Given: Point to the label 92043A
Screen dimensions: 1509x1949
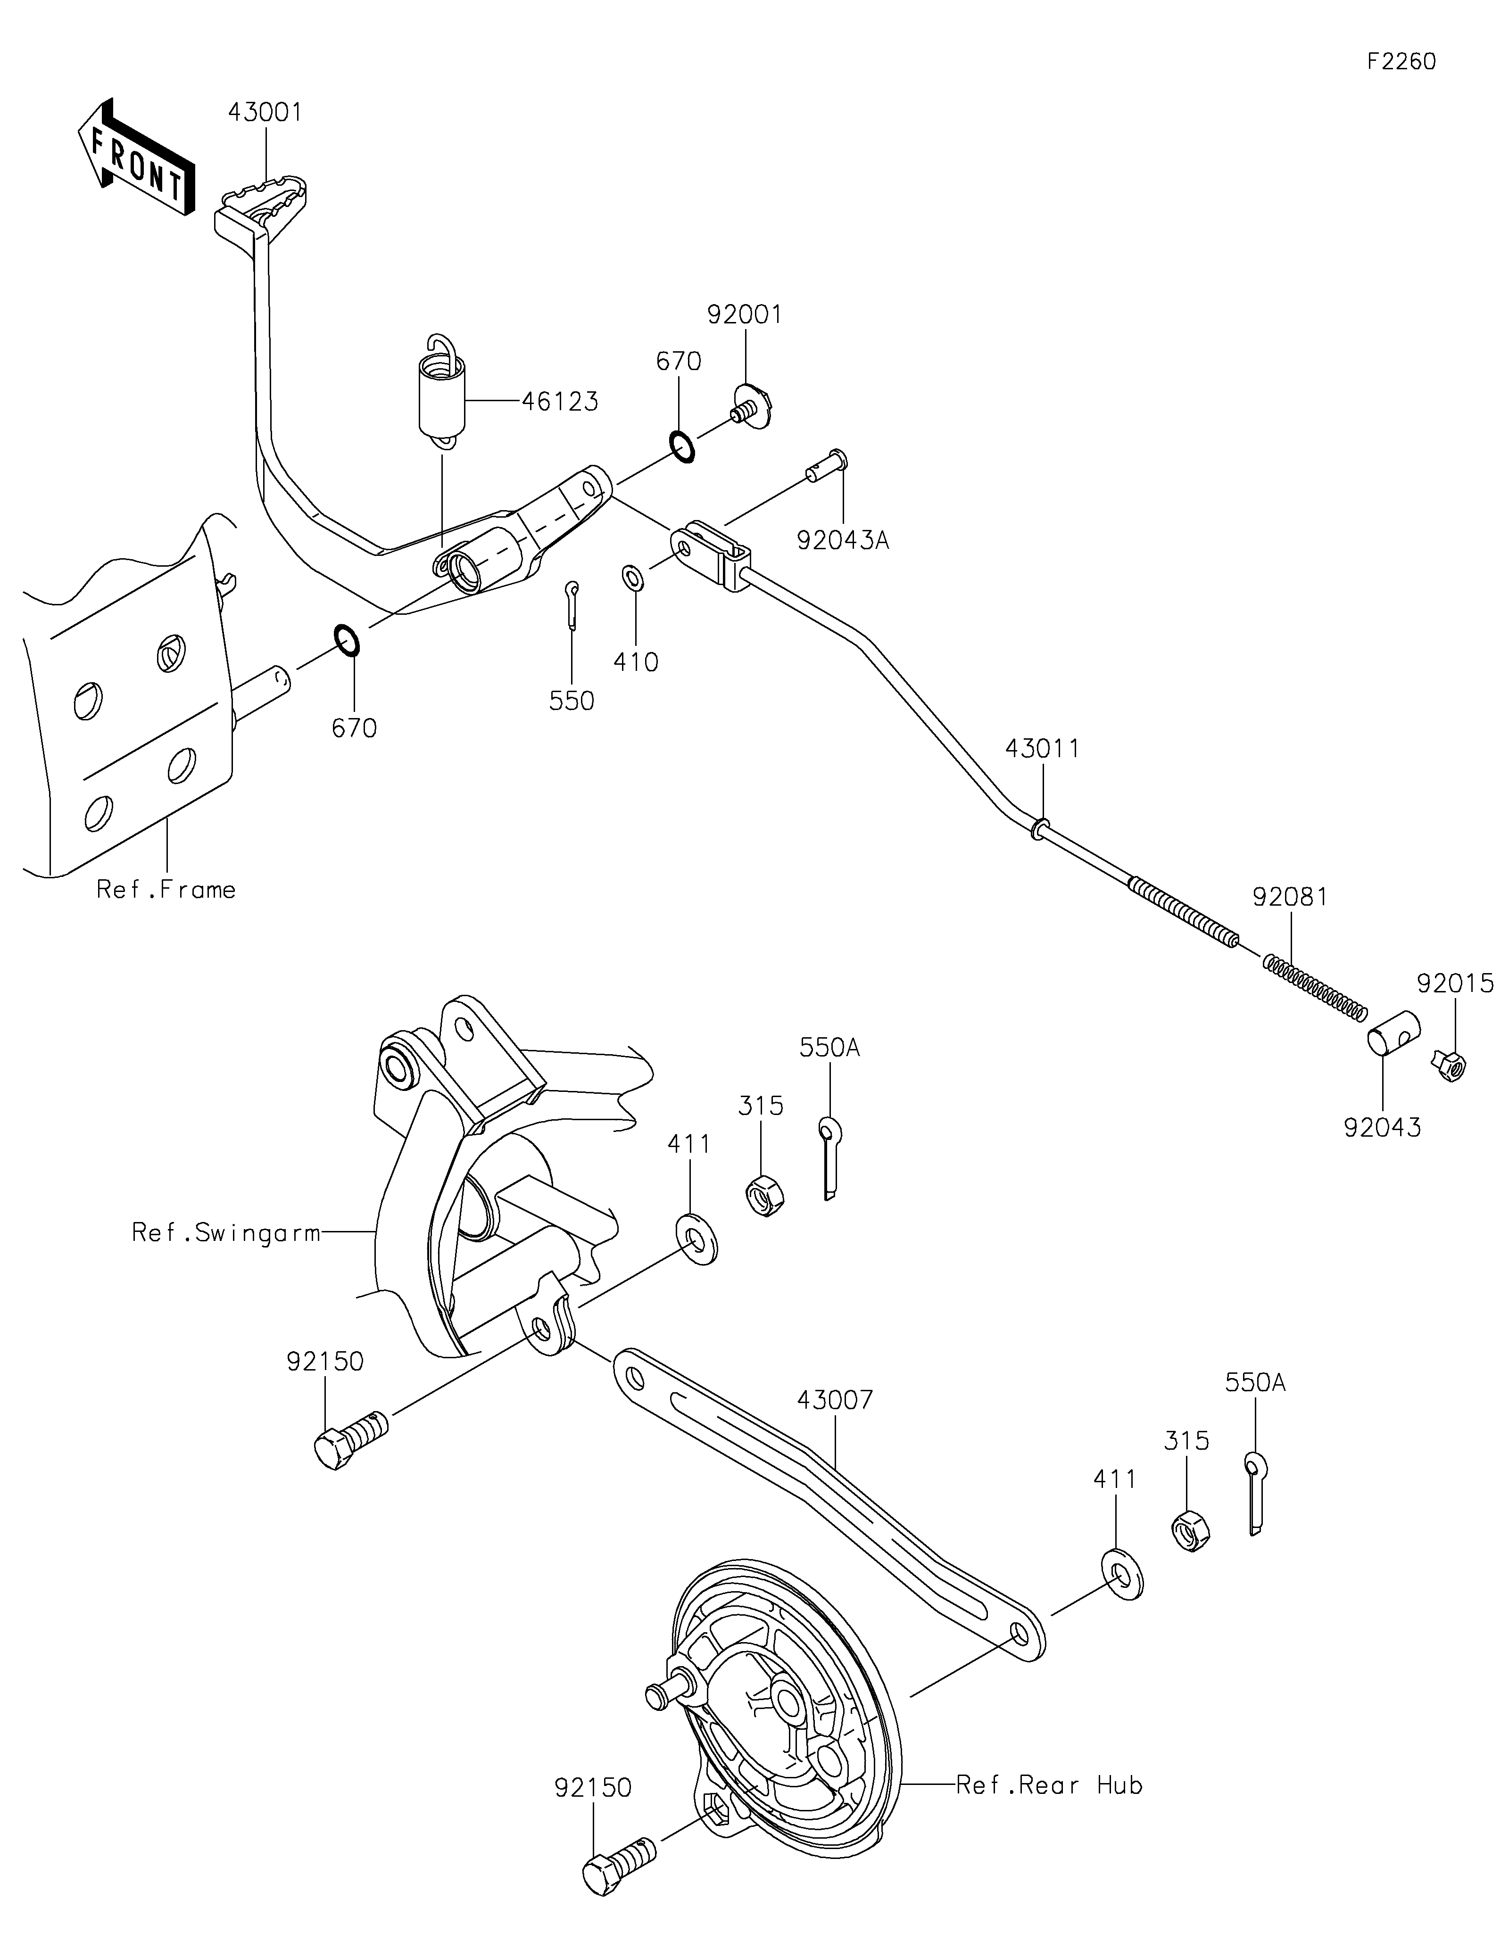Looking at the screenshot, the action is (842, 541).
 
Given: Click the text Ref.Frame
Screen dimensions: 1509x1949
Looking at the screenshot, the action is (166, 890).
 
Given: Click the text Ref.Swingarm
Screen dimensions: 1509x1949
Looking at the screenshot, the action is (226, 1232).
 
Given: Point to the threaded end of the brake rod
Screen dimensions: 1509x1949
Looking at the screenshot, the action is (1183, 914).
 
